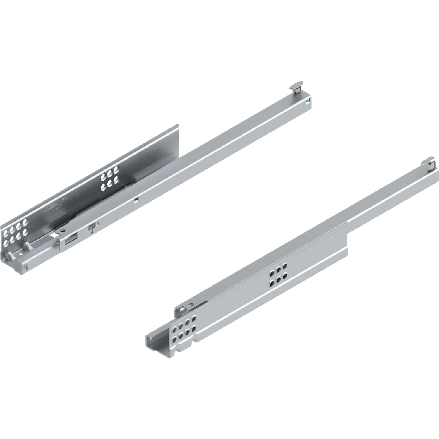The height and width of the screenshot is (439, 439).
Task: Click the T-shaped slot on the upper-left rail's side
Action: (x=92, y=227)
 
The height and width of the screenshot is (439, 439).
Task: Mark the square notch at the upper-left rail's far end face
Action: (x=307, y=101)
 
